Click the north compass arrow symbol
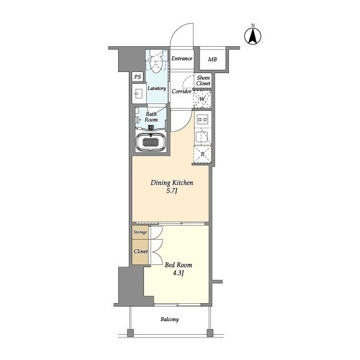(253, 37)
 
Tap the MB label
(213, 60)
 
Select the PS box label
(137, 76)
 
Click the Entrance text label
(182, 58)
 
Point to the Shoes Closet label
(203, 80)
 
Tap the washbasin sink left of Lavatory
(138, 94)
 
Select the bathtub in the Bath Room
(151, 142)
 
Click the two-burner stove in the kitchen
(202, 119)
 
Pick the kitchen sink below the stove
(202, 137)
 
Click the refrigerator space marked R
(202, 154)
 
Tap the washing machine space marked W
(202, 99)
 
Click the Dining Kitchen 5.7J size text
(172, 191)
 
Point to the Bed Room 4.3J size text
(178, 273)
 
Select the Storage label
(140, 232)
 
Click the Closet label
(141, 251)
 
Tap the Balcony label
(169, 319)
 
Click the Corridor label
(182, 91)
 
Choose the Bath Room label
(151, 117)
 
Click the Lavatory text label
(157, 88)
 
